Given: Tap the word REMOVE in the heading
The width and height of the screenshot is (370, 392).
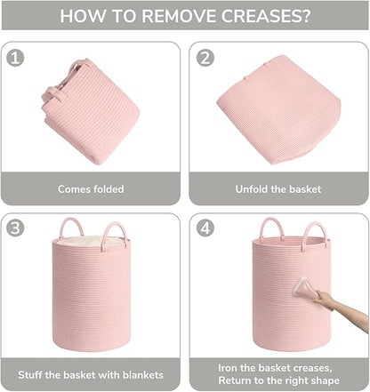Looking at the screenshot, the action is click(x=180, y=16).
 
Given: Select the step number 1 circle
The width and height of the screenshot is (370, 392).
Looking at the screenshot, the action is click(x=15, y=58).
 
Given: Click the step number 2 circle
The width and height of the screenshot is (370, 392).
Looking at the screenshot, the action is click(x=205, y=58).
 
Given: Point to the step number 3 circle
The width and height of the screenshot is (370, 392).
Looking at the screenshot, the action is click(x=15, y=228).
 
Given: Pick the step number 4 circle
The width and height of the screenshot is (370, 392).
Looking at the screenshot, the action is click(x=205, y=228).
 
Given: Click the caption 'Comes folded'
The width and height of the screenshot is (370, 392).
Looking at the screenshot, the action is click(x=91, y=189).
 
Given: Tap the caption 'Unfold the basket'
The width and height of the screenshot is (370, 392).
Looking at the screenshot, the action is click(x=278, y=189).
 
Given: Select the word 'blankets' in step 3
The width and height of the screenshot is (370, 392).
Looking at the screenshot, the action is click(x=143, y=375).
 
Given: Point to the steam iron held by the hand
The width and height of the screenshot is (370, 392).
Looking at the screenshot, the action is click(x=305, y=287).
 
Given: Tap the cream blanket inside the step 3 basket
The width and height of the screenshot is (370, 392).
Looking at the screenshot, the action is click(x=88, y=240).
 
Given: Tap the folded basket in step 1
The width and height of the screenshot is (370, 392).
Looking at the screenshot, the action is click(x=91, y=111).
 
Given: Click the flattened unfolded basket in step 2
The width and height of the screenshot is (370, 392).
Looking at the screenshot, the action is click(x=278, y=109).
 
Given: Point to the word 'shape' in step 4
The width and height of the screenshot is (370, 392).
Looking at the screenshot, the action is click(x=325, y=380).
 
